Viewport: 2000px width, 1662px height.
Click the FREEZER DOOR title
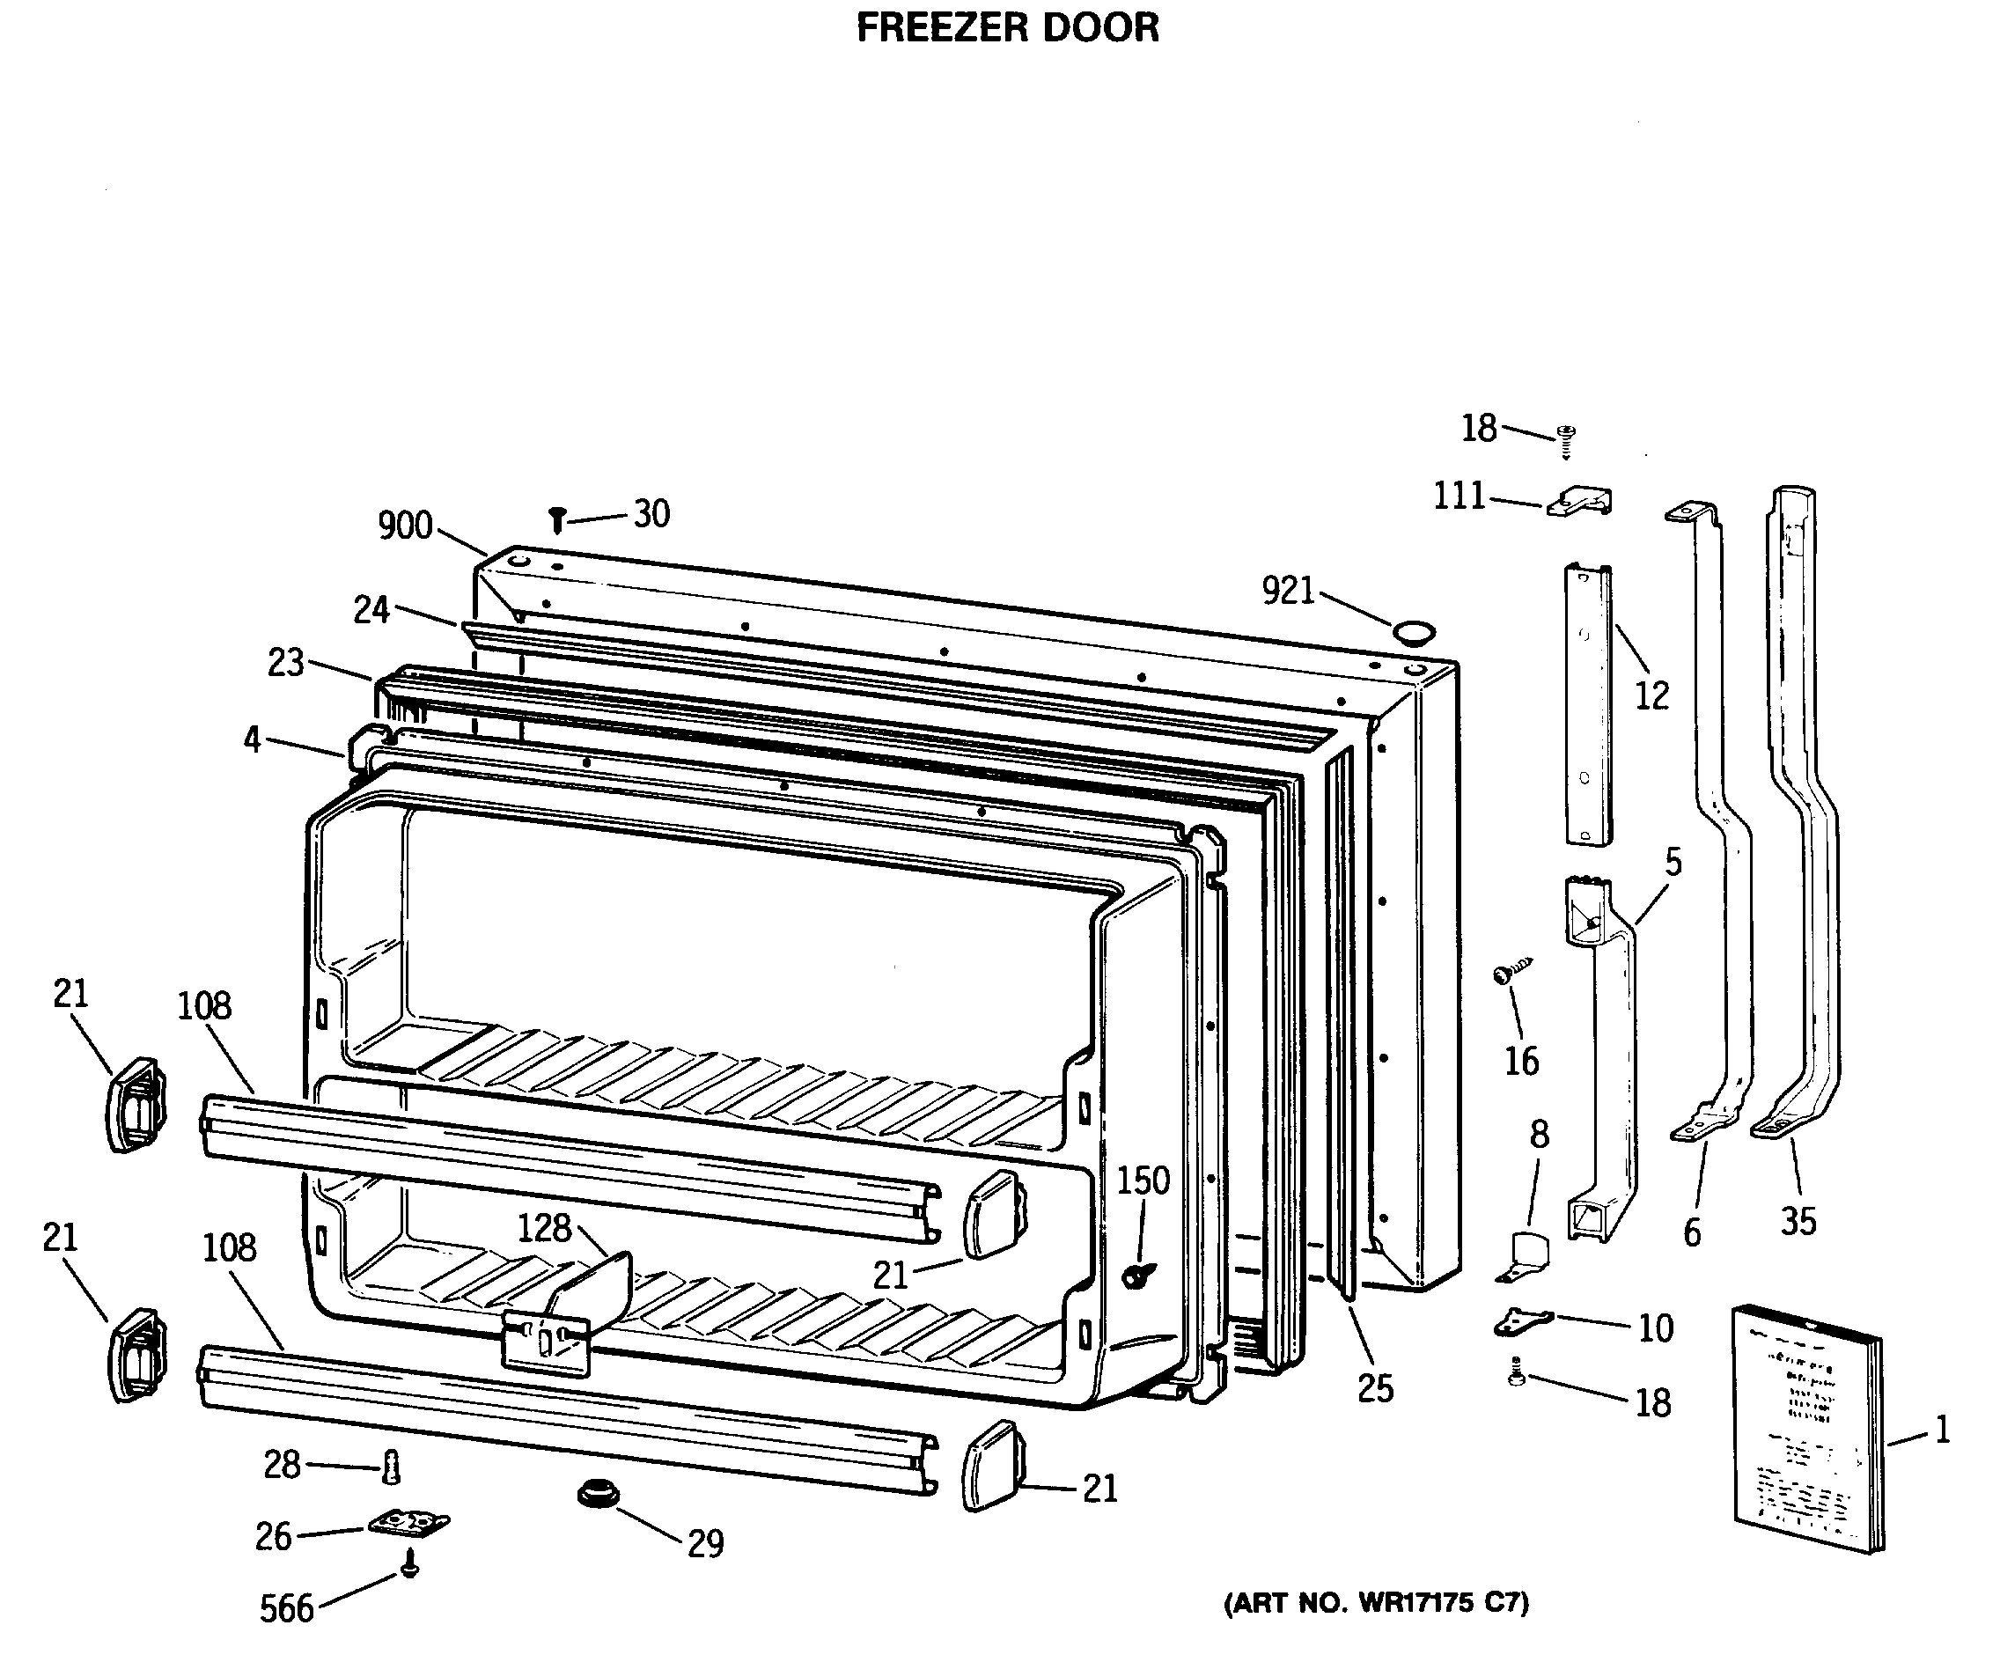tap(1008, 27)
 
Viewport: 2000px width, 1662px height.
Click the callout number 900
tap(405, 526)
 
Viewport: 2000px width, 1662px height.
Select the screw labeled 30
tap(558, 520)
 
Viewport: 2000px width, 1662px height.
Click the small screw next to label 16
tap(1511, 973)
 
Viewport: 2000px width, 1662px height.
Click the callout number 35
tap(1798, 1222)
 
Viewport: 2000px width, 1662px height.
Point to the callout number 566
tap(287, 1608)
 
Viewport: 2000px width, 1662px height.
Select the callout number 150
tap(1143, 1181)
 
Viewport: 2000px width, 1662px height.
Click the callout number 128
tap(544, 1228)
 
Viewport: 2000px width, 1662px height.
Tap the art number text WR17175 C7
tap(1376, 1604)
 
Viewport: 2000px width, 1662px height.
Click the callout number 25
tap(1375, 1388)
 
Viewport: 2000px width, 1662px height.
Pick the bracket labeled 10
tap(1522, 1321)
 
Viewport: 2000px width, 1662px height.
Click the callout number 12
tap(1652, 696)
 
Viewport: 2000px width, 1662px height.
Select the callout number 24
tap(371, 609)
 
